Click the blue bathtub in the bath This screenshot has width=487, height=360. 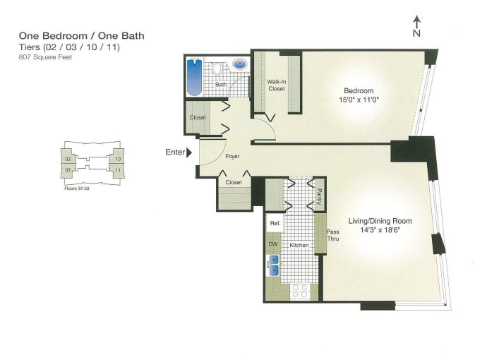pos(194,77)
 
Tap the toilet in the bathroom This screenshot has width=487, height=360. pos(217,68)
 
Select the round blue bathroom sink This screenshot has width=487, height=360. pos(241,64)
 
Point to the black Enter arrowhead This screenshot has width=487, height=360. pos(189,152)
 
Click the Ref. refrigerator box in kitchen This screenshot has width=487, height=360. pos(275,223)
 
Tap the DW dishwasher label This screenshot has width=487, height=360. pos(273,244)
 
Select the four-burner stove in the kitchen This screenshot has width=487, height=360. pos(300,292)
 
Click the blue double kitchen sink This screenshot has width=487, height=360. pos(274,265)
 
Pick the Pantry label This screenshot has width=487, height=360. pos(320,197)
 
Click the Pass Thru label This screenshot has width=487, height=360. pos(333,235)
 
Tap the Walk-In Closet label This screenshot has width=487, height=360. pos(277,85)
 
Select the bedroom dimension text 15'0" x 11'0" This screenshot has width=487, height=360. pos(359,100)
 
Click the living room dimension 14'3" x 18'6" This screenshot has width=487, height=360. pos(380,230)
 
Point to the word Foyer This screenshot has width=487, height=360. pos(232,156)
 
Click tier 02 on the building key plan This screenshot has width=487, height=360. pos(68,159)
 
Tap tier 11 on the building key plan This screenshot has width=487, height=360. pos(118,170)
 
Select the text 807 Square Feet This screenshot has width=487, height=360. pos(45,57)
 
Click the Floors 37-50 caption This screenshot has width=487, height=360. pos(77,188)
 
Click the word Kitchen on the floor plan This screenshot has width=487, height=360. pos(299,245)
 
